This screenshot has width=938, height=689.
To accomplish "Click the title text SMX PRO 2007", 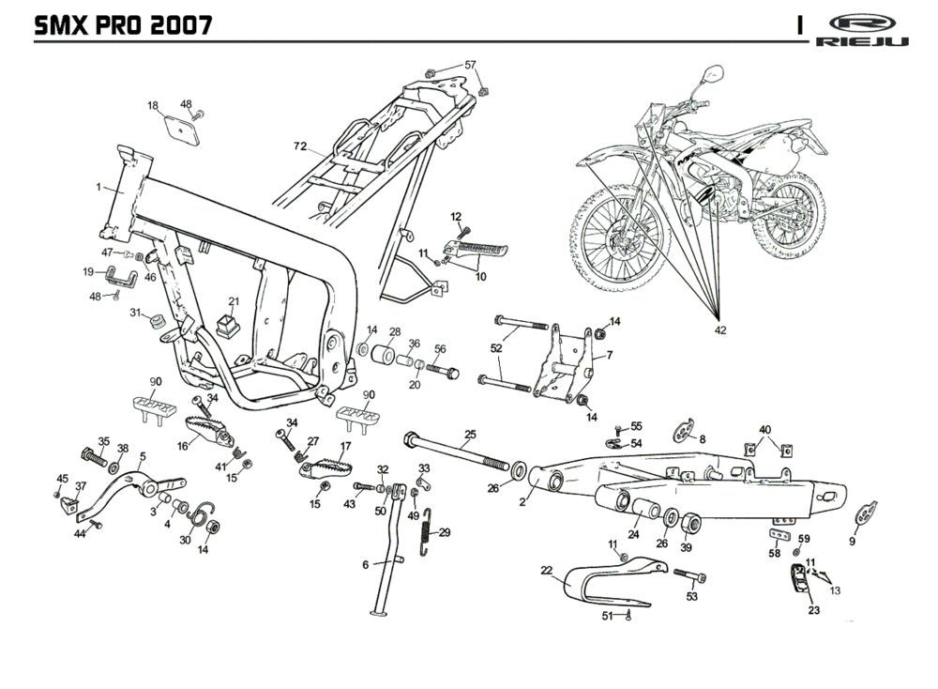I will coord(122,24).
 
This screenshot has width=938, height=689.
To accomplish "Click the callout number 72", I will coord(299,146).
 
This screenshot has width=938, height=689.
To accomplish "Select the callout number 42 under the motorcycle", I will coord(719,329).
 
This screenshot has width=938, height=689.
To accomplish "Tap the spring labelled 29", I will coord(429,532).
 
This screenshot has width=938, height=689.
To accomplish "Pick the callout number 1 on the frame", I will coord(98,188).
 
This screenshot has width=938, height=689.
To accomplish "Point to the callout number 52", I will coord(495,347).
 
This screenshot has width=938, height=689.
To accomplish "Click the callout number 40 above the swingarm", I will coord(765,430).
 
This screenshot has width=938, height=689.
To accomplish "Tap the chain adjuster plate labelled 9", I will coord(868,513).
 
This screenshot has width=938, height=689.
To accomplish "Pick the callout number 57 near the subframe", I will coord(471,65).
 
